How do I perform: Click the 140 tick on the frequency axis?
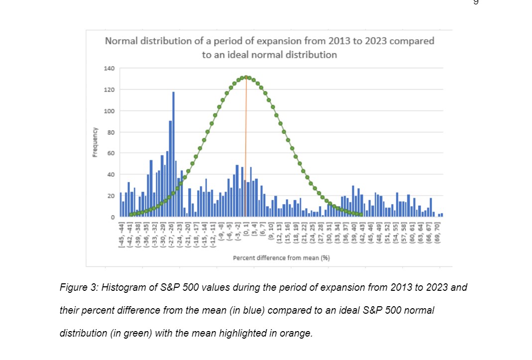tap(109, 68)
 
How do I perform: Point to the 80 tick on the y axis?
tap(110, 132)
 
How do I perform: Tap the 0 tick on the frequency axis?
tap(112, 218)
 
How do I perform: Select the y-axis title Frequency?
tap(94, 142)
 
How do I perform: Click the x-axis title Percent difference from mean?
tap(281, 258)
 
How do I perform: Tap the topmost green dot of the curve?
tap(245, 77)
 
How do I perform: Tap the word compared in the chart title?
tap(412, 41)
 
